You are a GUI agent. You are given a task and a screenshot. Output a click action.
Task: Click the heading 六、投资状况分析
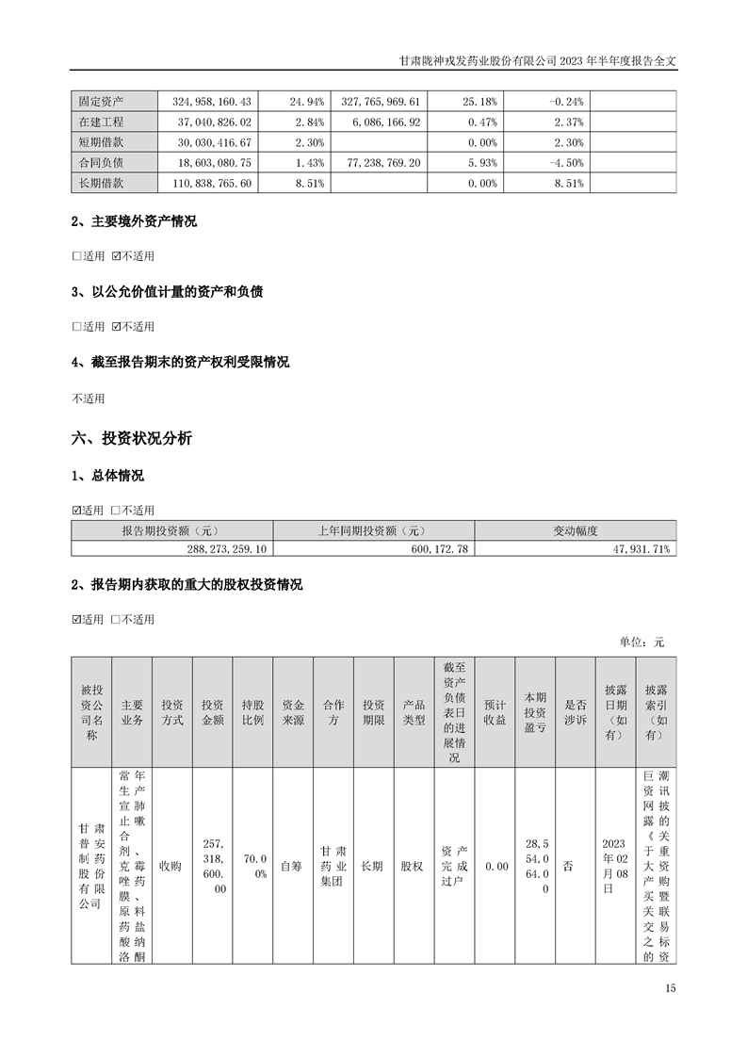coord(132,438)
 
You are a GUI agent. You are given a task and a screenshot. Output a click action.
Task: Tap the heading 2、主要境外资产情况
coord(134,221)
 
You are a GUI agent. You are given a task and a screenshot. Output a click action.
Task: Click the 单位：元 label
coord(642,642)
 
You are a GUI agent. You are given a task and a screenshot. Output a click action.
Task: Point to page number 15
coord(670,988)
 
